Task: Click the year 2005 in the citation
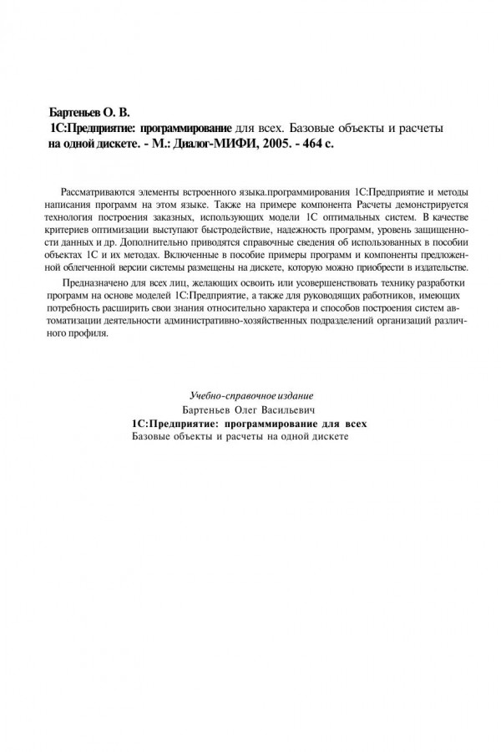coord(267,144)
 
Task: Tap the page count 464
coord(305,144)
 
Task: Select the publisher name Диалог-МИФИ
coord(209,144)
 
